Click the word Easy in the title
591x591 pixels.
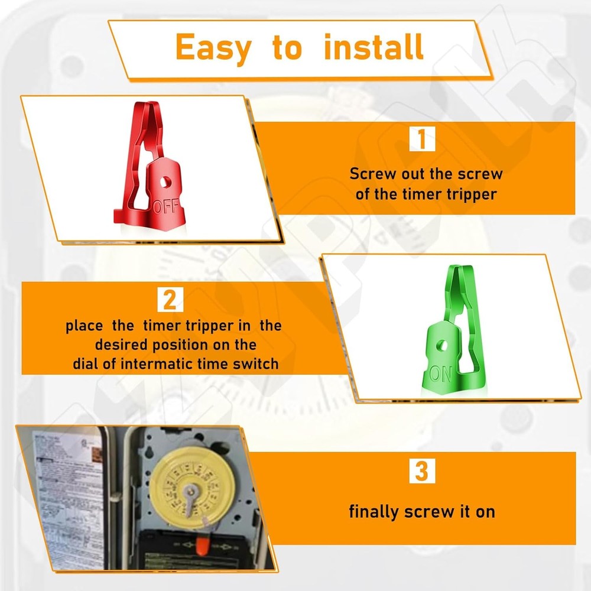(213, 48)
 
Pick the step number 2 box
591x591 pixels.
(170, 300)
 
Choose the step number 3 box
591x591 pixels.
(422, 472)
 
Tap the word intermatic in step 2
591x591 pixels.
(155, 363)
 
